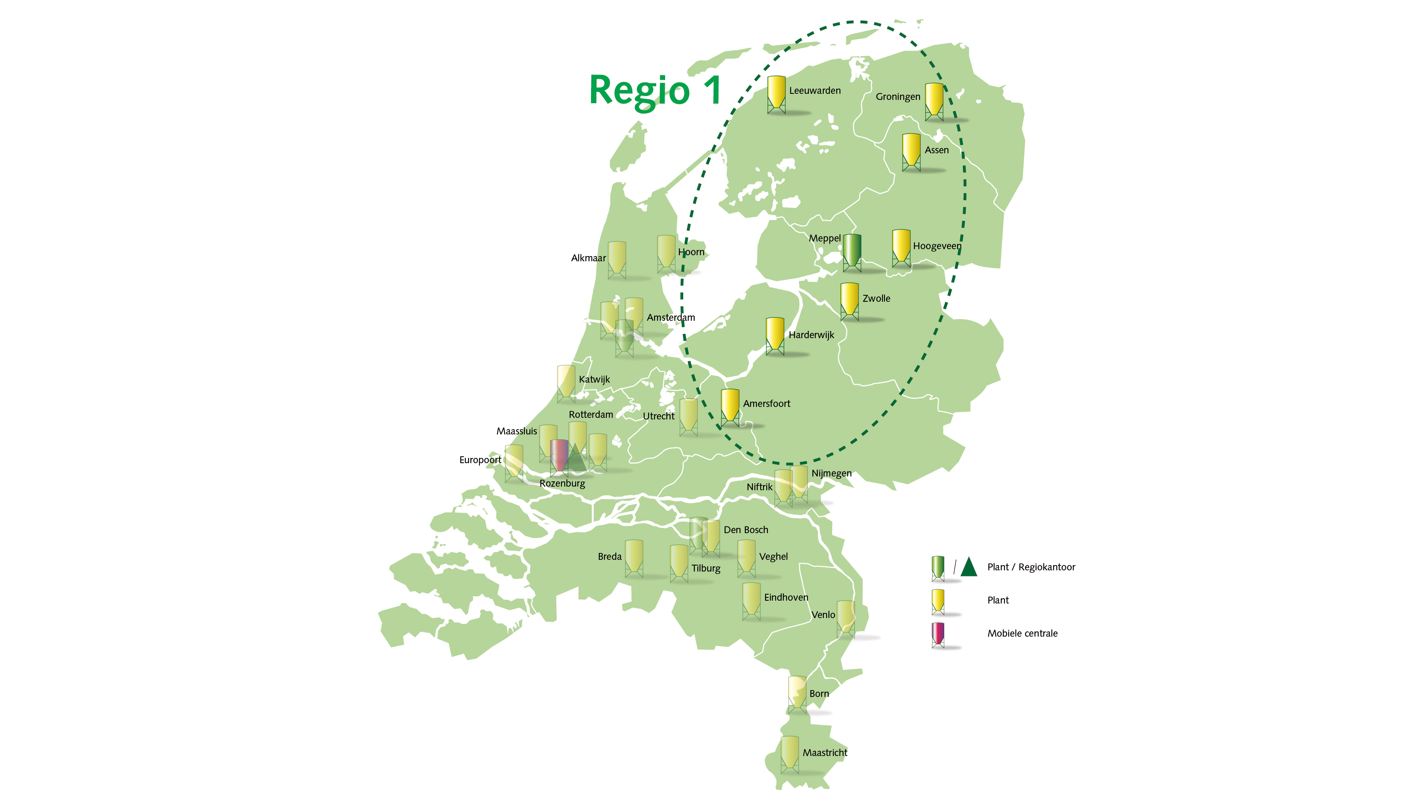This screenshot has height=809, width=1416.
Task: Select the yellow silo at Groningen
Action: [x=934, y=100]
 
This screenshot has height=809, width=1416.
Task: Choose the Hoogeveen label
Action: [x=937, y=246]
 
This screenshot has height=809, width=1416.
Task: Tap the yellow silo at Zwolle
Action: [x=849, y=300]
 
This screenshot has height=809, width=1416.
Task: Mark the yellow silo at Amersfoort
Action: [x=730, y=406]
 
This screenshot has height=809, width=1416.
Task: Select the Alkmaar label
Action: [x=588, y=258]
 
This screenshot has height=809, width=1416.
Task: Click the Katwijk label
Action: [x=594, y=379]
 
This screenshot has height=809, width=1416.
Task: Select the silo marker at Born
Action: [x=797, y=693]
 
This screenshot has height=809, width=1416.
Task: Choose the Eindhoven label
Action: [x=786, y=597]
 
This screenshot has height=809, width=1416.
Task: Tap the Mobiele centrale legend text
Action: [x=1022, y=633]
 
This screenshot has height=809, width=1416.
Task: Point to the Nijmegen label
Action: [x=831, y=473]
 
